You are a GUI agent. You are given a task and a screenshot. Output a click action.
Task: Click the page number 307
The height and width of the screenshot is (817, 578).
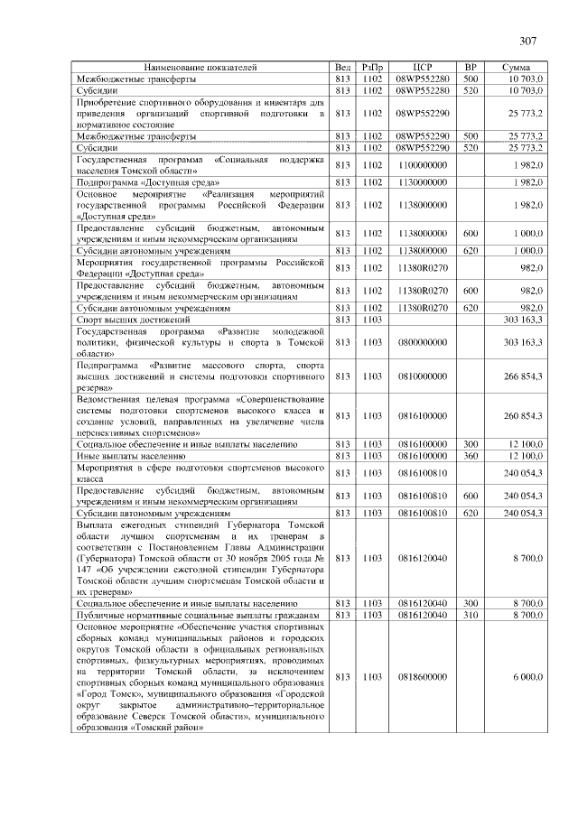(528, 40)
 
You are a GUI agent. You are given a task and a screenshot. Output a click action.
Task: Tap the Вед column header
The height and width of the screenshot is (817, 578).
(342, 67)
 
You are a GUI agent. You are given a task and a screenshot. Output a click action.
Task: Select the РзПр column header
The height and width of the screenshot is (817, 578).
(372, 67)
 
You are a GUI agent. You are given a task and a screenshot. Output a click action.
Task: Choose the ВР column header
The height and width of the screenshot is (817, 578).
(470, 67)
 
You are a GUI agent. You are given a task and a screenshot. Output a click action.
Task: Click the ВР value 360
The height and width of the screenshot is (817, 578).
(470, 458)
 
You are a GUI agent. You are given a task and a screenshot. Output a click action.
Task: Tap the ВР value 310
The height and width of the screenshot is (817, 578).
(470, 614)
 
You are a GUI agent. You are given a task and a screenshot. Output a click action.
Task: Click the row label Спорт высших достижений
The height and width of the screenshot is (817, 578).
(134, 320)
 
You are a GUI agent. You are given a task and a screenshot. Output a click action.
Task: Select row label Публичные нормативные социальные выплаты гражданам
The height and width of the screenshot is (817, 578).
(199, 614)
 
